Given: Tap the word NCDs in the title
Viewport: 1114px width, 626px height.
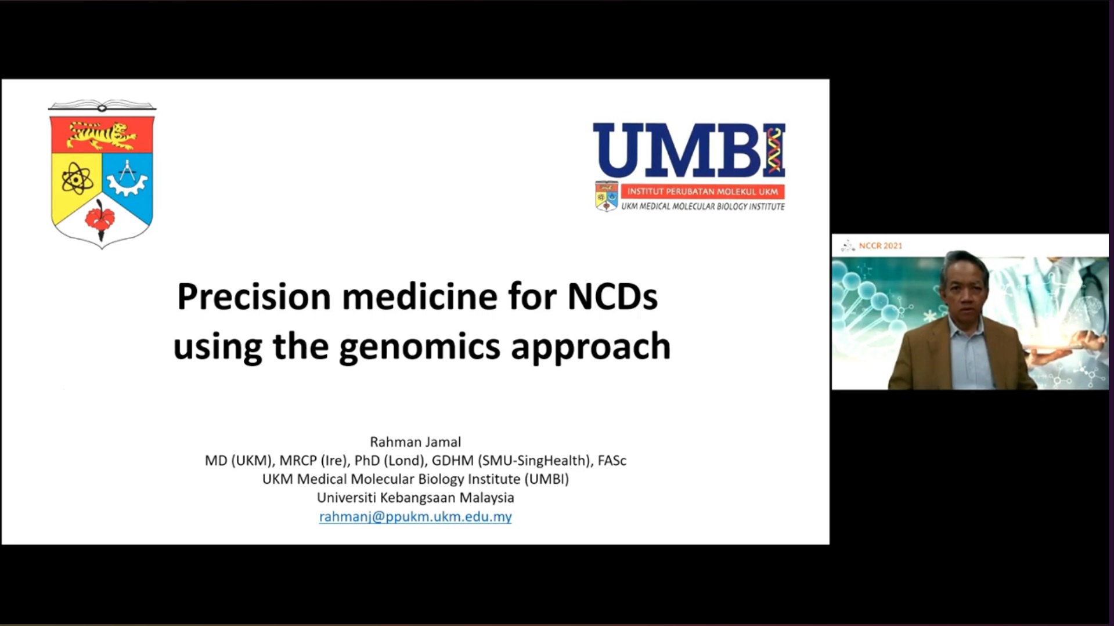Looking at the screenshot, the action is pyautogui.click(x=612, y=296).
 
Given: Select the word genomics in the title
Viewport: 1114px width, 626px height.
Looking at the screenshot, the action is pyautogui.click(x=419, y=347).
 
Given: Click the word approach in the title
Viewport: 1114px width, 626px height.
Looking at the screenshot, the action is pyautogui.click(x=590, y=347).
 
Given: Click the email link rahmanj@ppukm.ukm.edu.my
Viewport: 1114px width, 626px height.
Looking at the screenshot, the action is pyautogui.click(x=416, y=516).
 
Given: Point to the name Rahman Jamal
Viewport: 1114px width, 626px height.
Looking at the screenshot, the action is pyautogui.click(x=416, y=442).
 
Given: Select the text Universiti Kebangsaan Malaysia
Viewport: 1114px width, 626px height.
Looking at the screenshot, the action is pyautogui.click(x=416, y=498).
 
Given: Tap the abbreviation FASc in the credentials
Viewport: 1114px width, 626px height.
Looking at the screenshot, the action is pyautogui.click(x=612, y=461).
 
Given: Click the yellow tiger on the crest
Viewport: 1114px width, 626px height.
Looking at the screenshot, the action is pyautogui.click(x=102, y=135).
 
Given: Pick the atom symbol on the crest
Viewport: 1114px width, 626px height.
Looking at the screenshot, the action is pyautogui.click(x=77, y=178).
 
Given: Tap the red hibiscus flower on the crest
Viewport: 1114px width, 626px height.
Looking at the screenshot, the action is pyautogui.click(x=100, y=219).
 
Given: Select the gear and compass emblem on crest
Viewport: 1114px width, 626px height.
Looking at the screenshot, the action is pyautogui.click(x=127, y=178).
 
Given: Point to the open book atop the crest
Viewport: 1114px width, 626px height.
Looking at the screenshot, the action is pyautogui.click(x=102, y=106).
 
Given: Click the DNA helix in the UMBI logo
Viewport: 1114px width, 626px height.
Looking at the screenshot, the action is pyautogui.click(x=774, y=151).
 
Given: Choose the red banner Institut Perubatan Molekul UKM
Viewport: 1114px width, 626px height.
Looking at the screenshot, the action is pyautogui.click(x=702, y=191).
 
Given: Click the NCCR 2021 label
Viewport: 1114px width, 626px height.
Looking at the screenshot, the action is pyautogui.click(x=881, y=246).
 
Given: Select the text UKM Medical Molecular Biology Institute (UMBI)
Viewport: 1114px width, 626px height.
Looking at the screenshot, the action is pyautogui.click(x=416, y=479).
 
